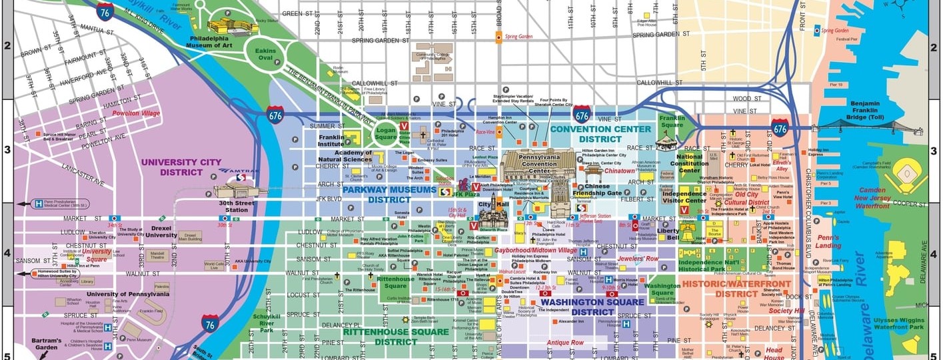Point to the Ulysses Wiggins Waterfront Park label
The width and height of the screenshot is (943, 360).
point(898,323)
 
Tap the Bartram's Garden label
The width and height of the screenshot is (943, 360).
point(46,344)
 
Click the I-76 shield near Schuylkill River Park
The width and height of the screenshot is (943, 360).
point(211,325)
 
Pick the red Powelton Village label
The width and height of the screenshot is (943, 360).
point(136,113)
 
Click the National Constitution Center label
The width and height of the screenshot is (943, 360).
point(688,163)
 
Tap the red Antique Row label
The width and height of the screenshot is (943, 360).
point(564,343)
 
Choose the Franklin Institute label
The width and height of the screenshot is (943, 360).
point(331,139)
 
